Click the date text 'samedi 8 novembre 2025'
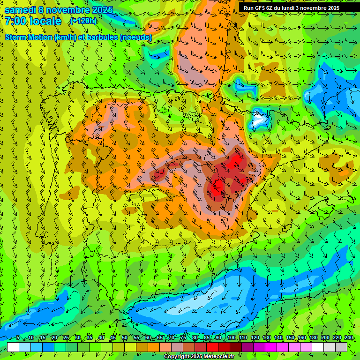click(x=59, y=10)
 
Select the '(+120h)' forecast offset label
click(x=82, y=21)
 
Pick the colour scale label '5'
click(x=18, y=338)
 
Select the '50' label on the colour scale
click(x=124, y=338)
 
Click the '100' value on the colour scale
click(x=231, y=338)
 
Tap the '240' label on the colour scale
click(x=348, y=338)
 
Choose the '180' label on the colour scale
click(x=313, y=338)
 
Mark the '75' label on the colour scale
click(x=183, y=338)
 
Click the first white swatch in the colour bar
click(x=13, y=347)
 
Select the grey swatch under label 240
click(x=342, y=347)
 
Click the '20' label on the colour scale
click(x=54, y=338)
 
